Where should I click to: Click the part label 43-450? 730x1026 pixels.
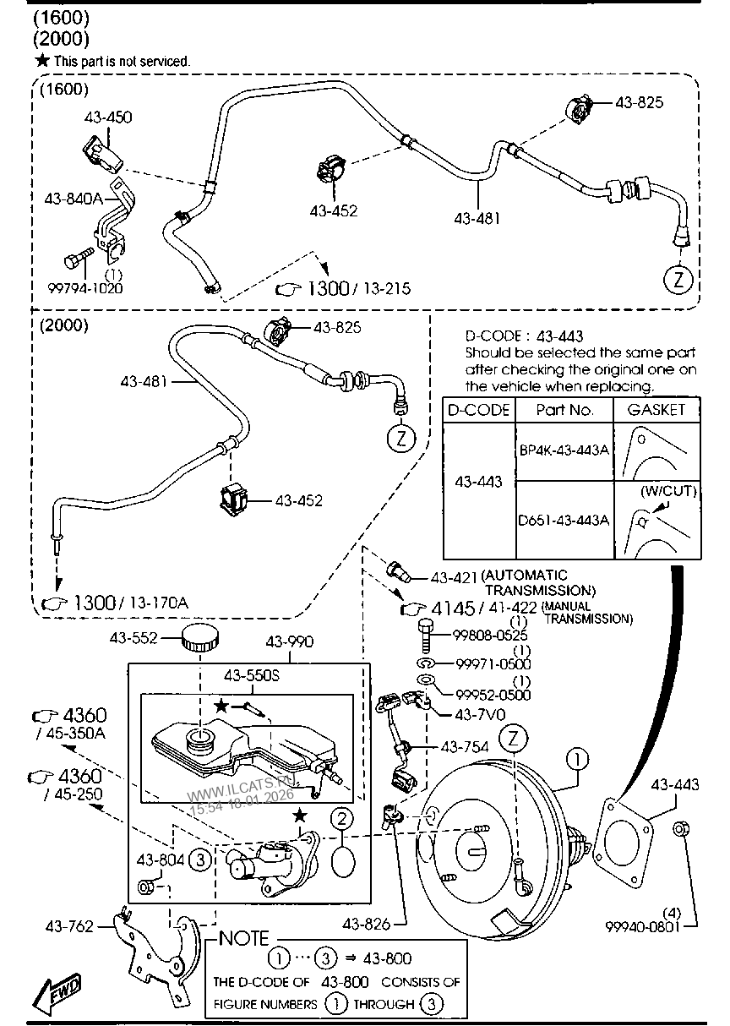108,117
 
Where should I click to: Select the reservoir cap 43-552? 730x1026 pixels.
202,640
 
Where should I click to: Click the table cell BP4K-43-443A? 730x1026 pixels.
563,450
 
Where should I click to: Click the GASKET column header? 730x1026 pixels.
656,410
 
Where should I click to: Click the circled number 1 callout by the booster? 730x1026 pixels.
576,760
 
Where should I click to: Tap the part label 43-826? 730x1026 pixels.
368,925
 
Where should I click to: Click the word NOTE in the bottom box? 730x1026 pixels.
244,937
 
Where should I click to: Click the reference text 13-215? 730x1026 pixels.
382,289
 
